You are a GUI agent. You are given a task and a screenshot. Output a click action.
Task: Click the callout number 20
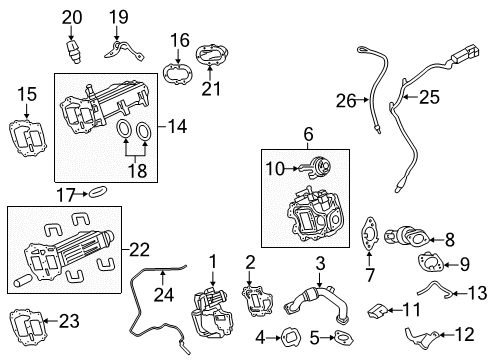(x=71, y=16)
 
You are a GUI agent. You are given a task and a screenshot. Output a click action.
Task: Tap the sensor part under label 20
(x=72, y=51)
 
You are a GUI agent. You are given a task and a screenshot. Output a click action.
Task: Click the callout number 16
(x=179, y=40)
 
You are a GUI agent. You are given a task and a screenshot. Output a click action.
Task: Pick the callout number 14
(x=177, y=127)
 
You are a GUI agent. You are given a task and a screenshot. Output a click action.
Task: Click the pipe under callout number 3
(x=309, y=301)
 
